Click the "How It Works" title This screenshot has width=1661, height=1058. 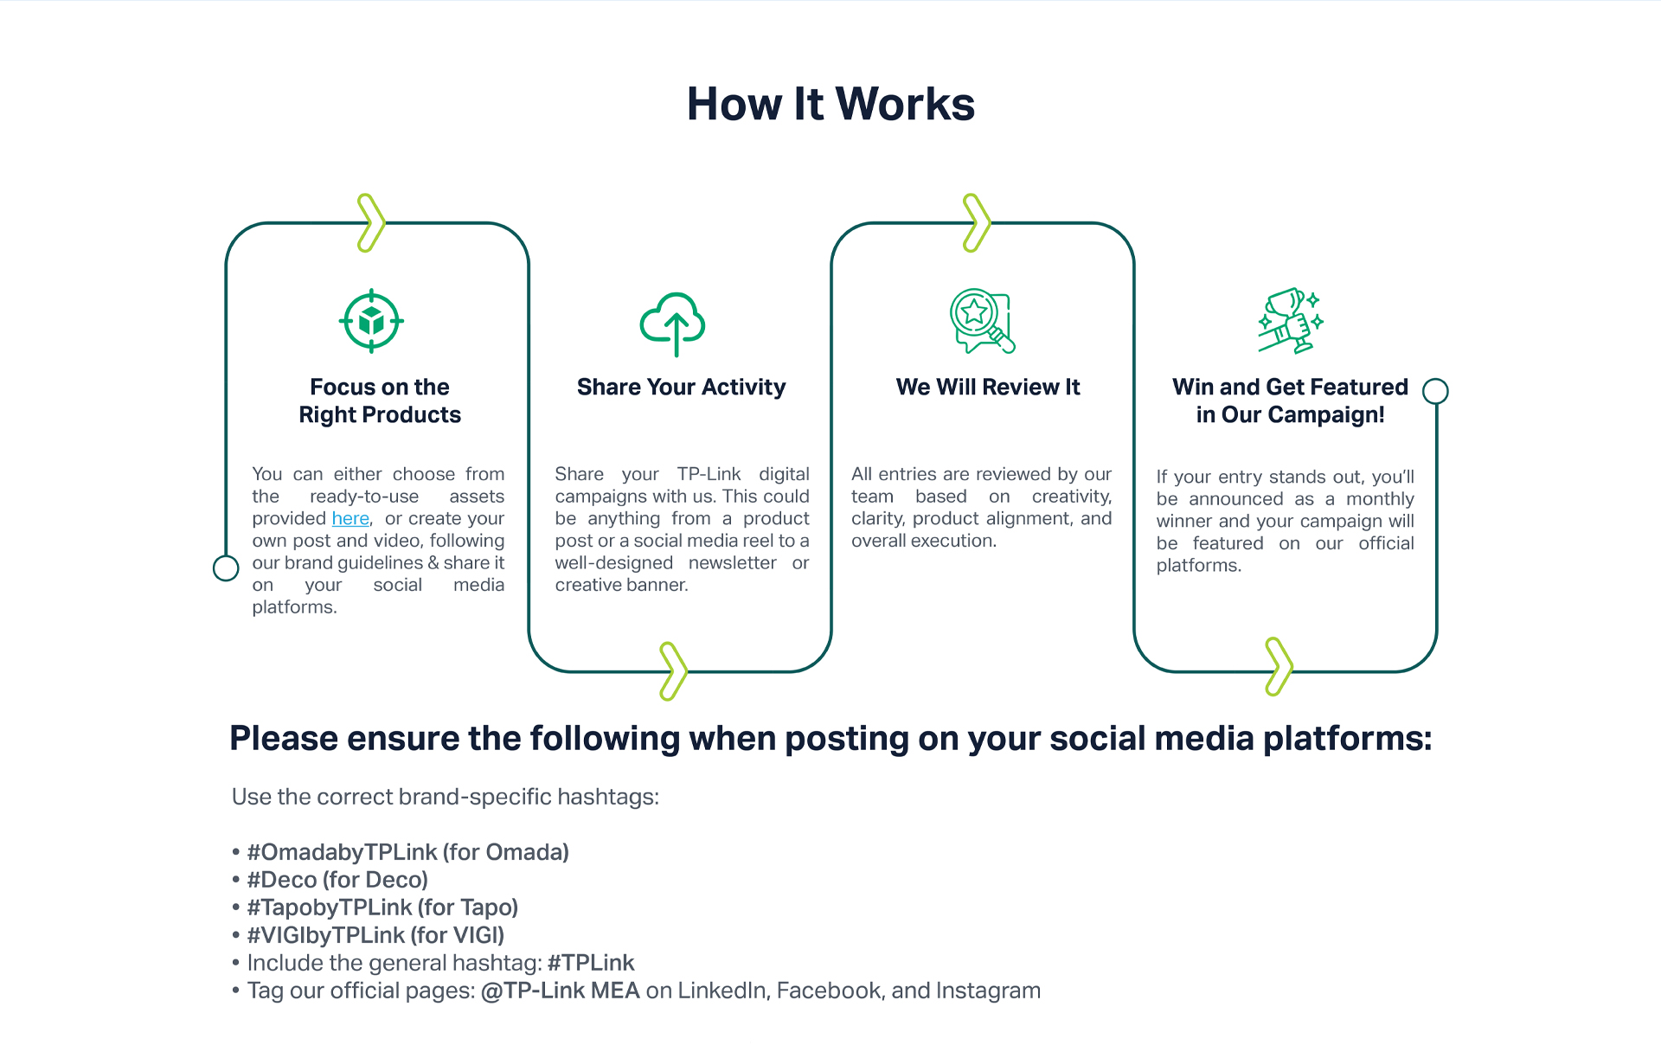[x=830, y=104]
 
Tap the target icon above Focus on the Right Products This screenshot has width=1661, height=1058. [x=371, y=321]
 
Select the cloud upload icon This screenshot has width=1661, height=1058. [x=673, y=324]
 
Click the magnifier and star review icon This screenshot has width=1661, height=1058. [x=982, y=321]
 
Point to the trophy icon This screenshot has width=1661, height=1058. [x=1291, y=321]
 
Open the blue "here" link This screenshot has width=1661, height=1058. [x=350, y=518]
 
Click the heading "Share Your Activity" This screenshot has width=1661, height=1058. [x=682, y=387]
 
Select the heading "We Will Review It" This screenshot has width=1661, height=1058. [x=988, y=387]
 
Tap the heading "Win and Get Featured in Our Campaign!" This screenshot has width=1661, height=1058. [x=1291, y=401]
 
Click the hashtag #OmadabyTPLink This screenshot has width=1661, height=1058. [x=342, y=852]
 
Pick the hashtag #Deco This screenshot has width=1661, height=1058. [x=282, y=880]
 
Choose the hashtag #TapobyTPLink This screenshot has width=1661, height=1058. [x=330, y=907]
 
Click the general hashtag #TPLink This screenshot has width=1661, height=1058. [x=591, y=963]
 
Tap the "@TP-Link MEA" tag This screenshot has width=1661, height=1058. [x=561, y=991]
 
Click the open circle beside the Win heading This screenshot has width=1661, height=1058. [x=1436, y=391]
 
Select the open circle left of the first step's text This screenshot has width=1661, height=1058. [x=226, y=568]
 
